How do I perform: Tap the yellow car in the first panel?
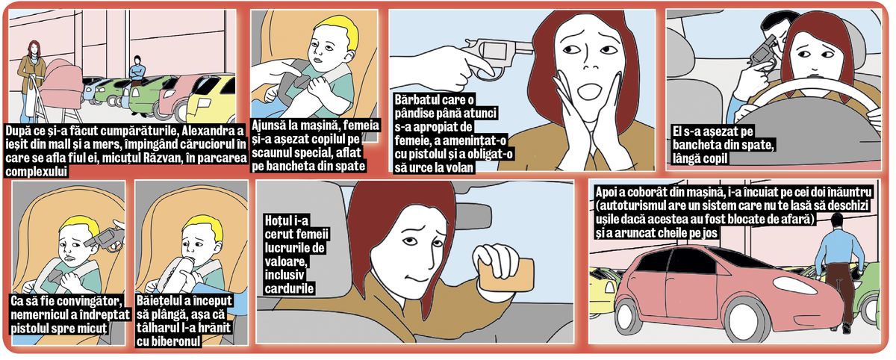211,98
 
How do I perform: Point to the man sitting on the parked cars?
137,71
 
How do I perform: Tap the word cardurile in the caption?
289,288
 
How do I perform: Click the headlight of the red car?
794,285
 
